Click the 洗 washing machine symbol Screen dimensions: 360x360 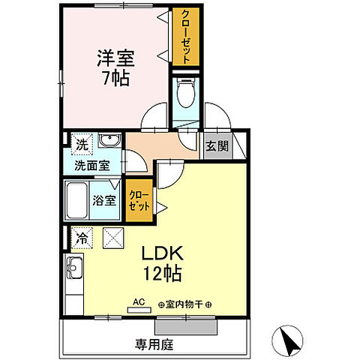pyautogui.click(x=79, y=142)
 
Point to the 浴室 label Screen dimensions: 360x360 pyautogui.click(x=105, y=200)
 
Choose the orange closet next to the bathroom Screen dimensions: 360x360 pyautogui.click(x=138, y=201)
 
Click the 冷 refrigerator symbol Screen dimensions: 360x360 pyautogui.click(x=80, y=238)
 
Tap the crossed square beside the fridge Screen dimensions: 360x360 pyautogui.click(x=112, y=238)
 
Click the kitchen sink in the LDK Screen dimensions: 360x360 pyautogui.click(x=75, y=266)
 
